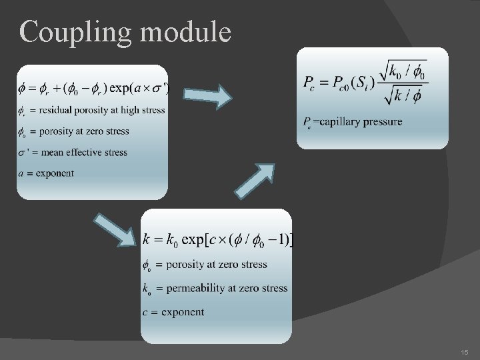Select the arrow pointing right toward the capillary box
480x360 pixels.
pyautogui.click(x=207, y=96)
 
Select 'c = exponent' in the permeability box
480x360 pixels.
pyautogui.click(x=174, y=312)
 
